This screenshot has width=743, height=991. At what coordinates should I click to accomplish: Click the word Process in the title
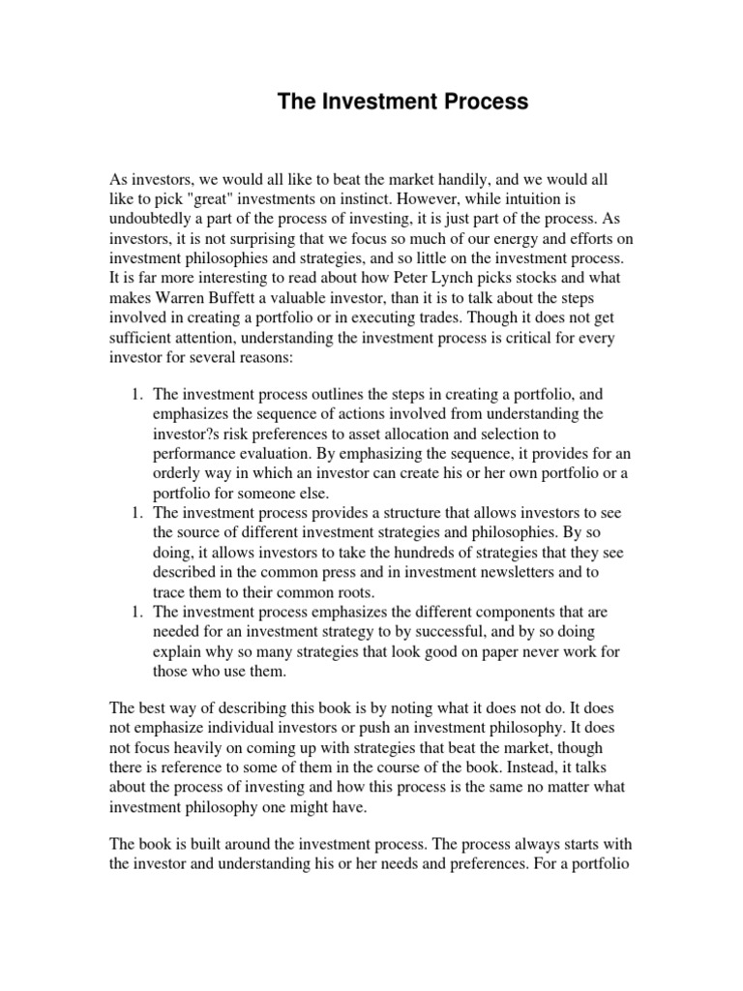pos(485,102)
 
